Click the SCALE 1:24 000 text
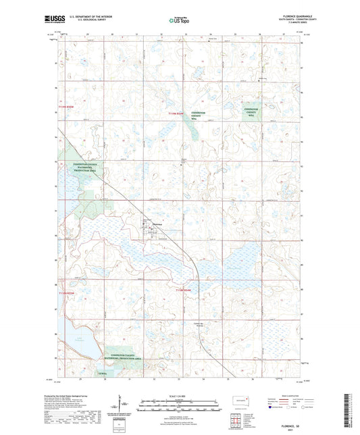point(179,395)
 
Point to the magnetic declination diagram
point(122,407)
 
